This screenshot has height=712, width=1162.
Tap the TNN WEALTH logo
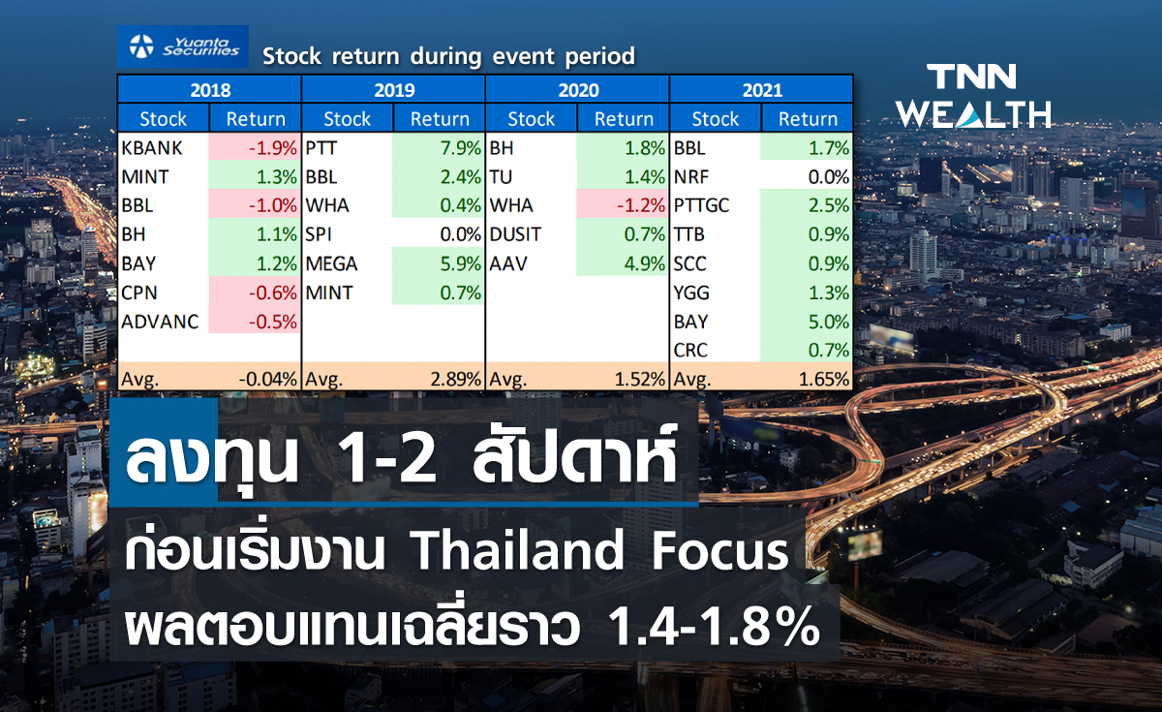click(x=973, y=96)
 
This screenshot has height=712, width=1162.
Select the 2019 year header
click(x=393, y=91)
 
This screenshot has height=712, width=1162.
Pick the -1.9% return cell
click(x=257, y=148)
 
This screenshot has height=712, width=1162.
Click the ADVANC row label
click(x=161, y=322)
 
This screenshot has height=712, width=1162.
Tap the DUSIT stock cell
click(x=516, y=234)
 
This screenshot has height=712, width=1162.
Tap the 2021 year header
click(x=762, y=91)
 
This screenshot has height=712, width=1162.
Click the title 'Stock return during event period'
click(x=448, y=56)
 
